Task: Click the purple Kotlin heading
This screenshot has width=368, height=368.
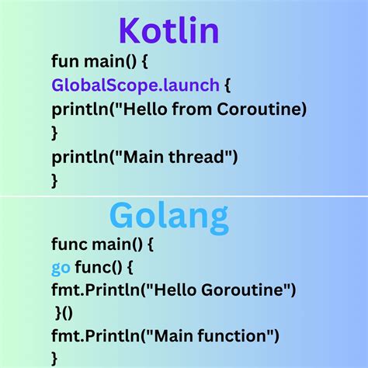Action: click(x=168, y=31)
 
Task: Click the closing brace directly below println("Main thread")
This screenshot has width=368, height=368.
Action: click(x=54, y=181)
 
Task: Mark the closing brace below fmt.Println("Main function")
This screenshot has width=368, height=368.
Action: click(x=54, y=358)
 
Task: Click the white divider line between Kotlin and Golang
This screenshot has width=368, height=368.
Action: click(x=184, y=196)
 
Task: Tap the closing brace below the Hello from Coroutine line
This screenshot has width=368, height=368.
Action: click(x=54, y=133)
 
